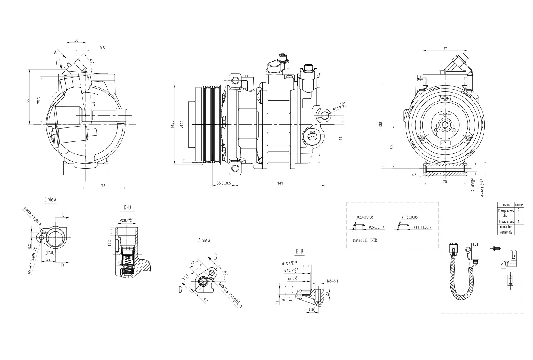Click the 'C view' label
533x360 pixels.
(x=50, y=199)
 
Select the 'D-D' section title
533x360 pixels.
(x=127, y=207)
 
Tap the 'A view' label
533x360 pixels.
(x=204, y=241)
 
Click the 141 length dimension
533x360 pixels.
(x=280, y=183)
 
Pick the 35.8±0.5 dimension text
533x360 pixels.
(x=224, y=183)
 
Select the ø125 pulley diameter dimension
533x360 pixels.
(x=172, y=124)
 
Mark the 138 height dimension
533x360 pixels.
(x=381, y=125)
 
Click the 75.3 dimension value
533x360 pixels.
(x=39, y=100)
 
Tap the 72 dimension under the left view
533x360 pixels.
(x=104, y=186)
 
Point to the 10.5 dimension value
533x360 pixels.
(x=101, y=48)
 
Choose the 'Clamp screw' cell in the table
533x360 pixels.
(x=506, y=211)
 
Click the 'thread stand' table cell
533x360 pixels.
(x=506, y=221)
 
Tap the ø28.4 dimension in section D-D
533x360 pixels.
(x=127, y=220)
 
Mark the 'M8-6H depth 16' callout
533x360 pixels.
(x=33, y=261)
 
